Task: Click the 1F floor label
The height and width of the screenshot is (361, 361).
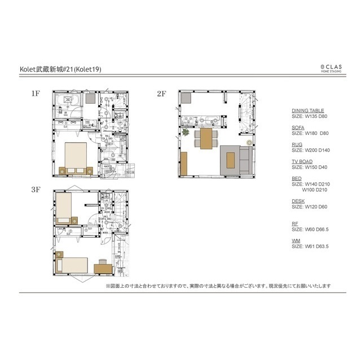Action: [x=35, y=94]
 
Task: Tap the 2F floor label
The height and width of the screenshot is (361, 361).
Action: [x=161, y=94]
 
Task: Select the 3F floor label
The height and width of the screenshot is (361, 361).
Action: [x=35, y=191]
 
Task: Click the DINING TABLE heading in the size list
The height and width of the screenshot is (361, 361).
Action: [x=307, y=111]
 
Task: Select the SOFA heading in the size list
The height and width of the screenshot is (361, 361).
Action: [x=298, y=128]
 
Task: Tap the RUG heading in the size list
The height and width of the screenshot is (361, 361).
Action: [x=297, y=145]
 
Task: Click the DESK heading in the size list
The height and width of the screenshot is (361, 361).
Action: [x=298, y=201]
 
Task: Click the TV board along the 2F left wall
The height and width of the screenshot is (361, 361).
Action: [x=183, y=164]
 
